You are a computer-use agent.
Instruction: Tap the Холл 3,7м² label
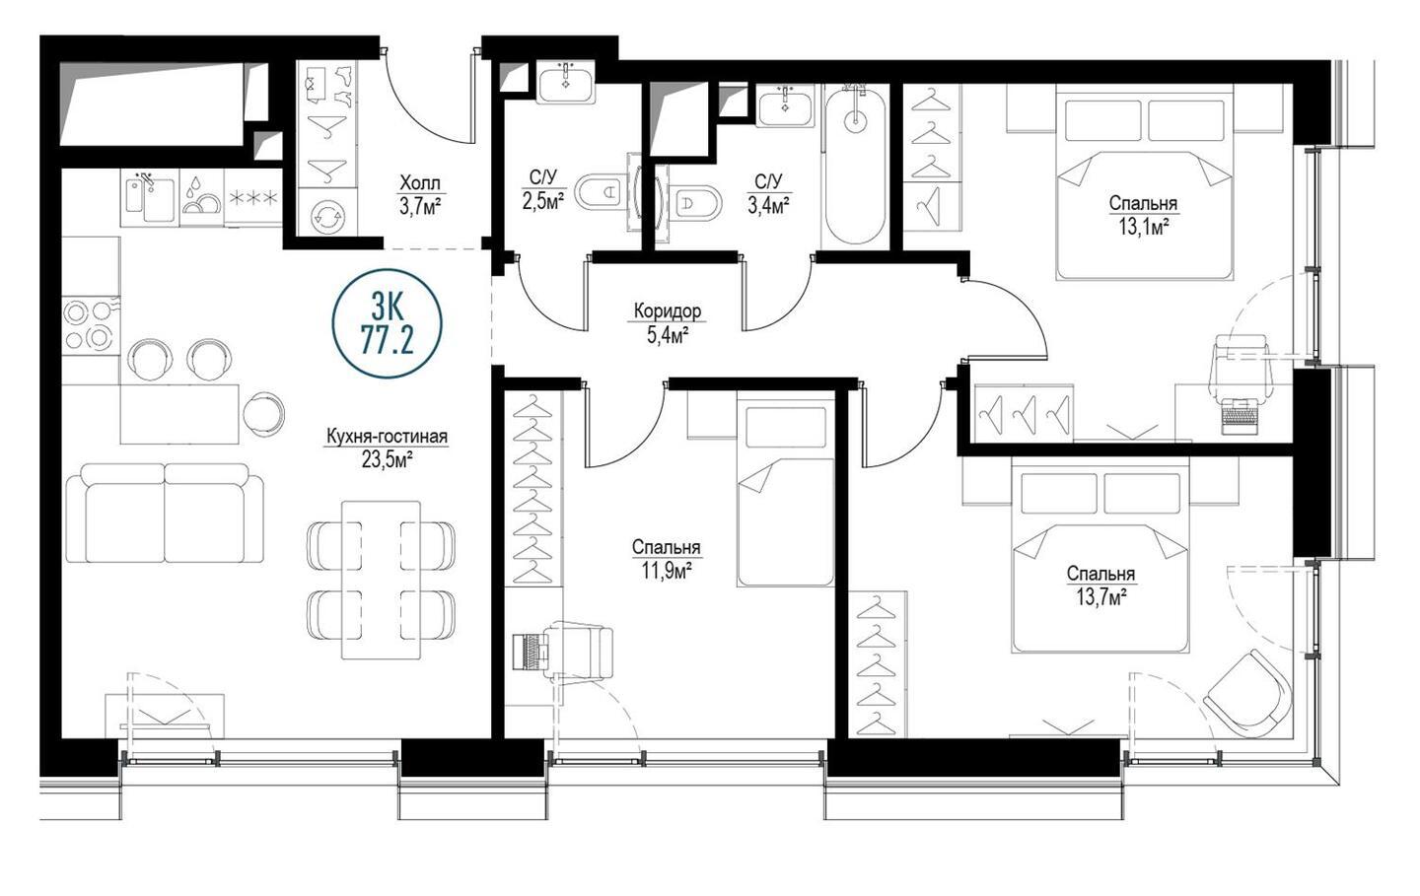(420, 196)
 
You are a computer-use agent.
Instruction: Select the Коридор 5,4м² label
(668, 323)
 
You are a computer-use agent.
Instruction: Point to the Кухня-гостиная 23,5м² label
(387, 448)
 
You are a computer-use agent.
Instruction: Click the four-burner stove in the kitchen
(91, 325)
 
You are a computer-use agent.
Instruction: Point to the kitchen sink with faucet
(150, 196)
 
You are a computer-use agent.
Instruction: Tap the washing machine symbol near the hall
(327, 216)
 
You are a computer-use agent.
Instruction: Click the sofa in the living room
(165, 514)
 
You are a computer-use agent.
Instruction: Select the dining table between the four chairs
(381, 580)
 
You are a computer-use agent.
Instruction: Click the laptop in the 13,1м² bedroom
(1240, 416)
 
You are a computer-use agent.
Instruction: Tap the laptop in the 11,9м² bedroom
(530, 651)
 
